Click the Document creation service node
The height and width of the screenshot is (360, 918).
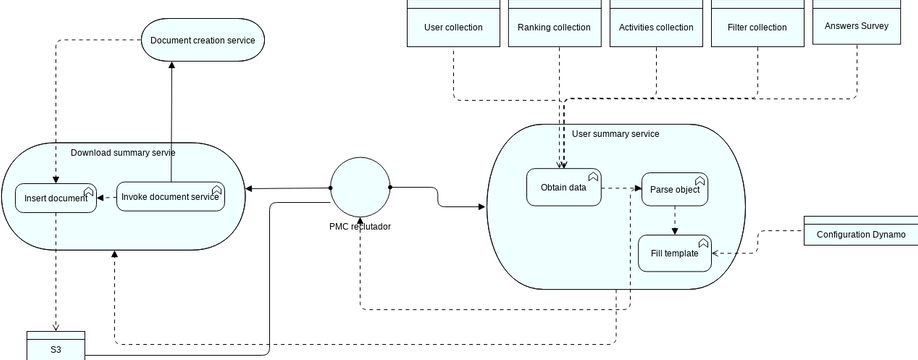coord(202,40)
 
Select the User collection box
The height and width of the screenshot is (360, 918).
coord(453,27)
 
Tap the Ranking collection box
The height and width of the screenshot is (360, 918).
coord(554,27)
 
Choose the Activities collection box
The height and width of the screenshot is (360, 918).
coord(656,27)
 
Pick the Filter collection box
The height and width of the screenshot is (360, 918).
coord(757,27)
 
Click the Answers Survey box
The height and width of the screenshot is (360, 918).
coord(858,26)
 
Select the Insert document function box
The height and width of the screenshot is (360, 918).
coord(56,198)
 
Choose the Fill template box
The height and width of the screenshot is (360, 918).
coord(675,253)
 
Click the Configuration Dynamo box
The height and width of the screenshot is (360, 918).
coord(860,234)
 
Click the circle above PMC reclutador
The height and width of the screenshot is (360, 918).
coord(360,187)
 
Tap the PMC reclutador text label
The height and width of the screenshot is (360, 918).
coord(360,226)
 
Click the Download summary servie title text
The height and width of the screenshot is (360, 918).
coord(123,153)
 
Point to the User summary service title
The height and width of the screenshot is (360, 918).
coord(615,133)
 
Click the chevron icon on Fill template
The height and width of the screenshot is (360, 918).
coord(702,243)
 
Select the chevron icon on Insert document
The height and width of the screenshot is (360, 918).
coord(88,190)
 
